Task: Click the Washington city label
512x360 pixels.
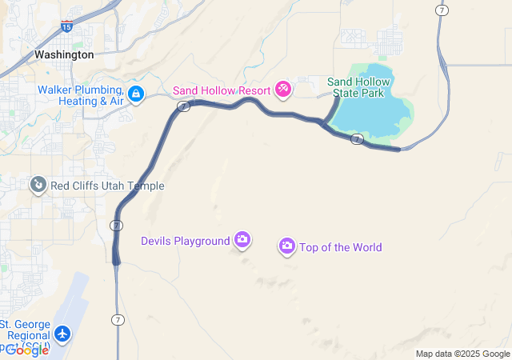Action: click(64, 54)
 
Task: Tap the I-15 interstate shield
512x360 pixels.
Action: click(66, 26)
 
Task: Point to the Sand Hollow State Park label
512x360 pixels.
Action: click(359, 86)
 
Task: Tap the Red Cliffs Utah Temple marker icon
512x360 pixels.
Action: click(38, 186)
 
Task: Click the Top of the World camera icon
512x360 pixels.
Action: click(287, 246)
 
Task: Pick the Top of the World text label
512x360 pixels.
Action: click(340, 247)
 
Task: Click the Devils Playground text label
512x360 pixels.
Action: click(185, 241)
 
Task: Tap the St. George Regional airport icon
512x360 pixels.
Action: click(63, 334)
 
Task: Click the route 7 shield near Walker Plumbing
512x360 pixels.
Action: click(183, 106)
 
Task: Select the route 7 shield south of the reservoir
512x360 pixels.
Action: click(358, 139)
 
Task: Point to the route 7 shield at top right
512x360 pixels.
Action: click(442, 10)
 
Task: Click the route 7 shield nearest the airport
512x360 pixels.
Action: click(117, 320)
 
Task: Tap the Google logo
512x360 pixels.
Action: click(26, 350)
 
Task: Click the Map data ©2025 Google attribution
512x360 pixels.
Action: click(462, 354)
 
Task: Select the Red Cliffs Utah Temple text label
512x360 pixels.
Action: click(107, 186)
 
